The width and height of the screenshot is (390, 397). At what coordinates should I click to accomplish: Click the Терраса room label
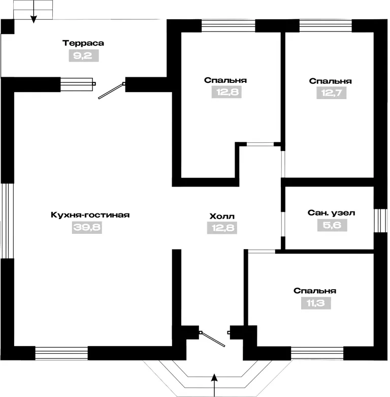pyautogui.click(x=83, y=43)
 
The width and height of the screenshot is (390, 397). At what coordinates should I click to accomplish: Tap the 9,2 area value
pyautogui.click(x=84, y=56)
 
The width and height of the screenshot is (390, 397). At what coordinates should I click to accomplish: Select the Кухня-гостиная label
pyautogui.click(x=90, y=215)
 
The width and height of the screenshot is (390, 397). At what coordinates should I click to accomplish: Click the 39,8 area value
pyautogui.click(x=87, y=227)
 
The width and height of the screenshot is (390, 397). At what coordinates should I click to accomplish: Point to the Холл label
pyautogui.click(x=222, y=217)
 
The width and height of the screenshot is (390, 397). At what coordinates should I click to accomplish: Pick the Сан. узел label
pyautogui.click(x=331, y=213)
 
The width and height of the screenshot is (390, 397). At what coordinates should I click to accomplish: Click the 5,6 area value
pyautogui.click(x=332, y=225)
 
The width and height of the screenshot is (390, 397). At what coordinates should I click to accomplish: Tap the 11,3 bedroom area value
pyautogui.click(x=316, y=303)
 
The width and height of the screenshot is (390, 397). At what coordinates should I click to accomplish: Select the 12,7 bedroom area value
pyautogui.click(x=332, y=93)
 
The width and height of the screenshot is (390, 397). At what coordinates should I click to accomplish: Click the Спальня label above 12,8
pyautogui.click(x=225, y=80)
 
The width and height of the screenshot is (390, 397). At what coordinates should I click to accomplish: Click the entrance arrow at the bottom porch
pyautogui.click(x=214, y=385)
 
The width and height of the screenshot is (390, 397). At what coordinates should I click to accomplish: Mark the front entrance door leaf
pyautogui.click(x=212, y=339)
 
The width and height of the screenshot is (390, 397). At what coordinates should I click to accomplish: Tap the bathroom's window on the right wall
pyautogui.click(x=381, y=221)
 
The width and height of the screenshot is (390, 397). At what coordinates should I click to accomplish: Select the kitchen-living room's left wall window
pyautogui.click(x=7, y=221)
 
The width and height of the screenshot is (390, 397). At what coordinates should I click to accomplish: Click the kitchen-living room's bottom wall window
pyautogui.click(x=61, y=353)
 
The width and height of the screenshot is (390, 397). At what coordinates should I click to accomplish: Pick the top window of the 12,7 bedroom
pyautogui.click(x=326, y=25)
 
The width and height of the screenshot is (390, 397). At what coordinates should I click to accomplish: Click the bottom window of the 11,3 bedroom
pyautogui.click(x=317, y=353)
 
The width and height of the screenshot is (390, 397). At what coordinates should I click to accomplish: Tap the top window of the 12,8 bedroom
pyautogui.click(x=228, y=25)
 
